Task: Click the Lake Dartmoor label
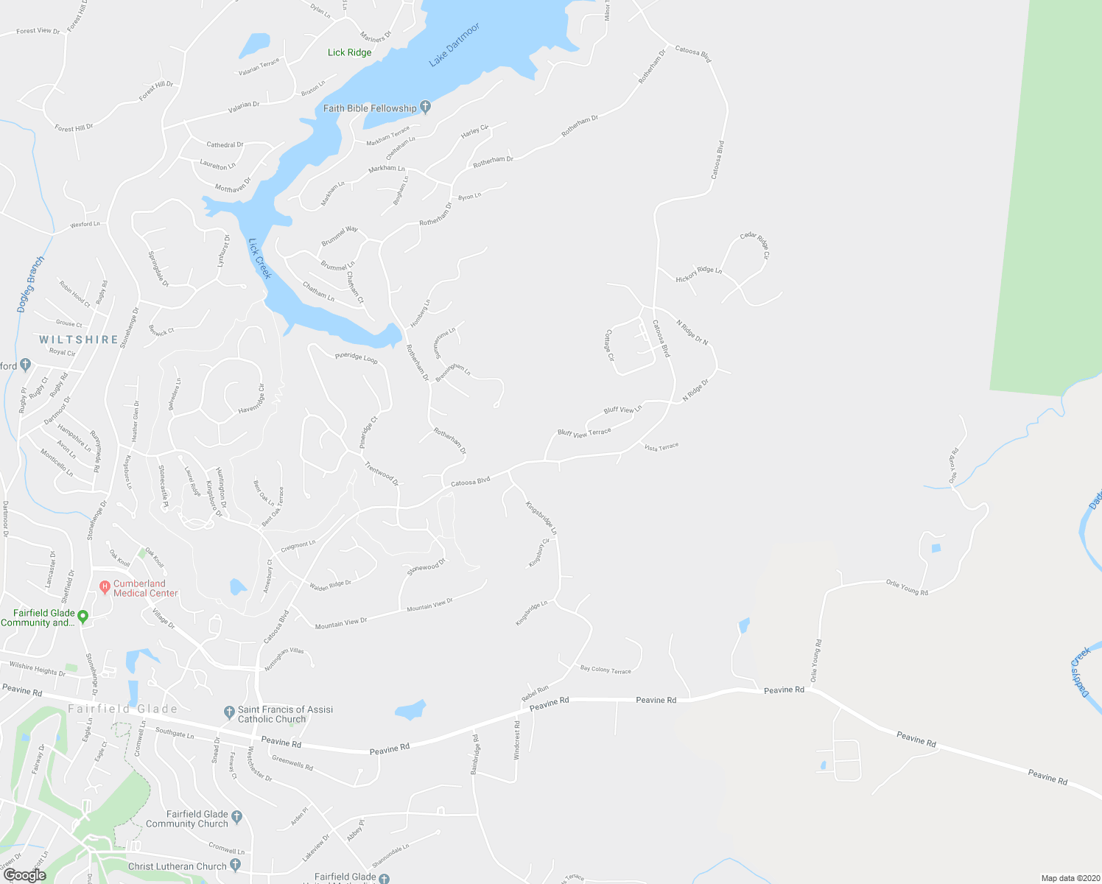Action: pyautogui.click(x=454, y=45)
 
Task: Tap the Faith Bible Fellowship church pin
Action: pyautogui.click(x=425, y=108)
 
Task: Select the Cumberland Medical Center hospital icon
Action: pyautogui.click(x=105, y=587)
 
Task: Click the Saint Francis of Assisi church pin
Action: pyautogui.click(x=229, y=712)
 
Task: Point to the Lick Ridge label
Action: pyautogui.click(x=349, y=52)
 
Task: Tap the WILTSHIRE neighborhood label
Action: pyautogui.click(x=79, y=340)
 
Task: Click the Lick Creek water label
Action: pyautogui.click(x=260, y=258)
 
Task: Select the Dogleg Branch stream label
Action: pyautogui.click(x=31, y=284)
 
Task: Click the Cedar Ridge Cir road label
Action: pyautogui.click(x=755, y=245)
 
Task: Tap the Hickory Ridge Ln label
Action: pyautogui.click(x=699, y=274)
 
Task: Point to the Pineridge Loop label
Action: pyautogui.click(x=357, y=358)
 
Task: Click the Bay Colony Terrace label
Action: pyautogui.click(x=606, y=670)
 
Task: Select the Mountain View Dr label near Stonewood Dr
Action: pyautogui.click(x=430, y=605)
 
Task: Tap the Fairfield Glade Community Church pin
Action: pyautogui.click(x=236, y=816)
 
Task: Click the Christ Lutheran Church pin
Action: pyautogui.click(x=235, y=865)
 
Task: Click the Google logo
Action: pyautogui.click(x=24, y=874)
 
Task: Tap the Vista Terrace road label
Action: pyautogui.click(x=661, y=447)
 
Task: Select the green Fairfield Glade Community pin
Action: pyautogui.click(x=83, y=616)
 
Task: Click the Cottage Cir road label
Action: pyautogui.click(x=610, y=345)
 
